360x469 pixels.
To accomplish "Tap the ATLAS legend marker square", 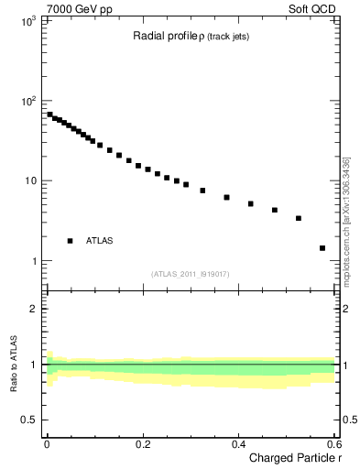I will [71, 241].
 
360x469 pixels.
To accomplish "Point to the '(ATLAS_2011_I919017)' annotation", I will [191, 274].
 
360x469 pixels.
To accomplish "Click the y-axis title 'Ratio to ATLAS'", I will [14, 365].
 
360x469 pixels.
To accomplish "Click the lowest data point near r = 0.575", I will [322, 247].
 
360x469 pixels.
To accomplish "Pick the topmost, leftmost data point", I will [49, 115].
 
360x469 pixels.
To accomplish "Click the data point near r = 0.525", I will [299, 218].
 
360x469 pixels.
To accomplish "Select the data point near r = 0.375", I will [226, 197].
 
